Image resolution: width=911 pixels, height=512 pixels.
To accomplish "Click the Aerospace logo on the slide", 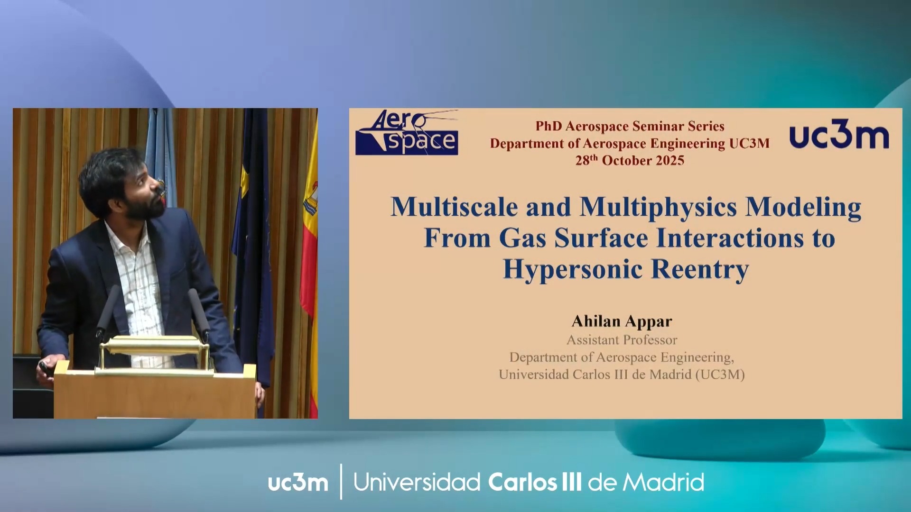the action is [x=407, y=133].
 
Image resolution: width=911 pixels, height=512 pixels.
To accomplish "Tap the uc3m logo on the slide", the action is [x=839, y=137].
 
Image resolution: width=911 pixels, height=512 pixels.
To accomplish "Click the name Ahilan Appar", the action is [x=622, y=321].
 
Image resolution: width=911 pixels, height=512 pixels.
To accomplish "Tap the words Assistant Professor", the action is [x=622, y=340].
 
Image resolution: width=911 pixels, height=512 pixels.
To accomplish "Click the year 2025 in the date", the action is [x=670, y=161].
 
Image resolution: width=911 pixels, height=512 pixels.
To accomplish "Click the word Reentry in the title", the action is [x=700, y=269].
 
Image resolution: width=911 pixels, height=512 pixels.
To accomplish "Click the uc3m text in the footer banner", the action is [x=298, y=483].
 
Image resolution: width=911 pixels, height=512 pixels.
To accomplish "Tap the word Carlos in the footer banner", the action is [x=522, y=483].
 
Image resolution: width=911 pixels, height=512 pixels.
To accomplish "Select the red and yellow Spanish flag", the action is [x=309, y=265].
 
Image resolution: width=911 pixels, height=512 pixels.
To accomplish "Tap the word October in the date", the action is [x=627, y=161].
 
